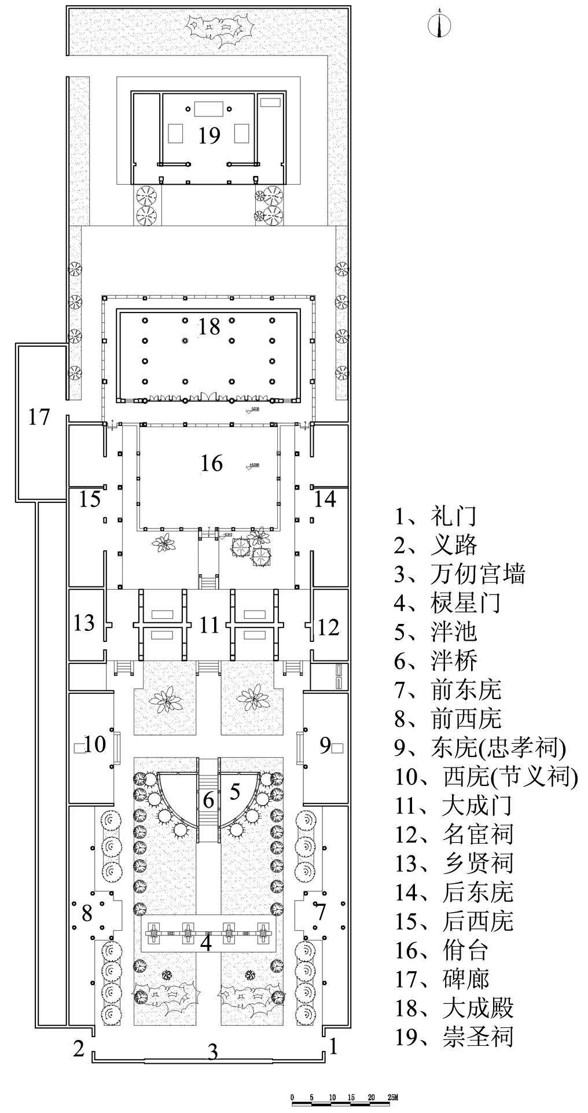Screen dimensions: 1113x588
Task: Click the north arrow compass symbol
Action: [439, 23]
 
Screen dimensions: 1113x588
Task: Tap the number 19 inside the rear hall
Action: [209, 135]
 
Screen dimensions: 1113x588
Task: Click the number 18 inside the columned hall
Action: [209, 326]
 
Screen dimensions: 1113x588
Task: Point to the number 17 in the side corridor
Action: [39, 416]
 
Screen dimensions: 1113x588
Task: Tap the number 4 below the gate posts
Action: [206, 943]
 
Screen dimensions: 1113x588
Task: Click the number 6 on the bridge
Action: [208, 800]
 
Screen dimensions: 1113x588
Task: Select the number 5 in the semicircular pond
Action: [235, 791]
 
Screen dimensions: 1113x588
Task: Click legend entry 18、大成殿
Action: [454, 1008]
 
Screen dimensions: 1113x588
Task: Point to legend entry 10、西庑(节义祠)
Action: [486, 777]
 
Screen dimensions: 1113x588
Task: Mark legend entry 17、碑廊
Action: [442, 979]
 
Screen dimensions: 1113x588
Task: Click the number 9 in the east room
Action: [325, 745]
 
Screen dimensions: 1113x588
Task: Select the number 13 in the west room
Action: [84, 623]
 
